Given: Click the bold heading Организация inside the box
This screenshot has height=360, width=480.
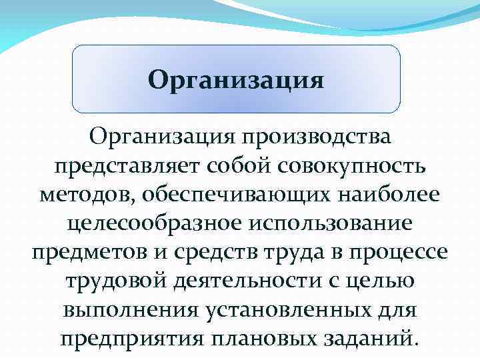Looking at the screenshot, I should (x=236, y=81).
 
